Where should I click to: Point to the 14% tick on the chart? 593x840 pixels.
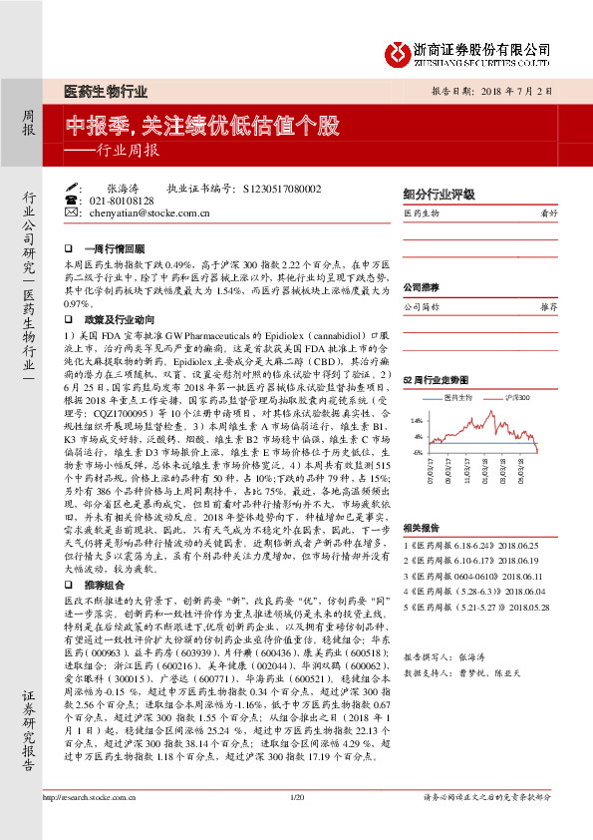click(417, 422)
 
